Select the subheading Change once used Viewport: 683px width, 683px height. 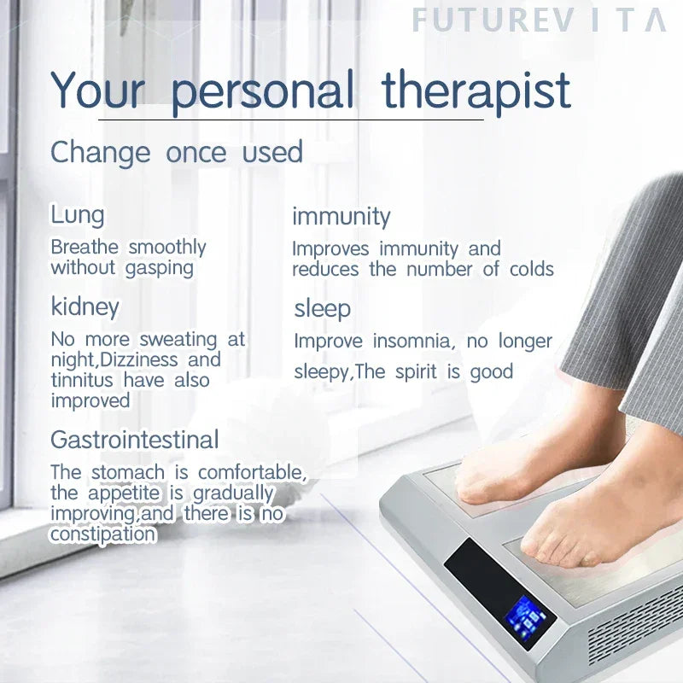coord(177,152)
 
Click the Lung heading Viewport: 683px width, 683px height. coord(77,215)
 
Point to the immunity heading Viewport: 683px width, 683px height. coord(341,217)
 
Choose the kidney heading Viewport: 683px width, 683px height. coord(85,306)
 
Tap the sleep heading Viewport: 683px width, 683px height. coord(322,308)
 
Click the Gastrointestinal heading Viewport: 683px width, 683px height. coord(134,440)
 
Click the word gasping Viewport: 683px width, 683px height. coord(160,267)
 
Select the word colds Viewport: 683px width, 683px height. coord(531,269)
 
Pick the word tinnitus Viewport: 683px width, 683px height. coord(83,380)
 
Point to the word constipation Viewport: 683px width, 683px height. coord(102,534)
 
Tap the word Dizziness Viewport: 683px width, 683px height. coord(129,359)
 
